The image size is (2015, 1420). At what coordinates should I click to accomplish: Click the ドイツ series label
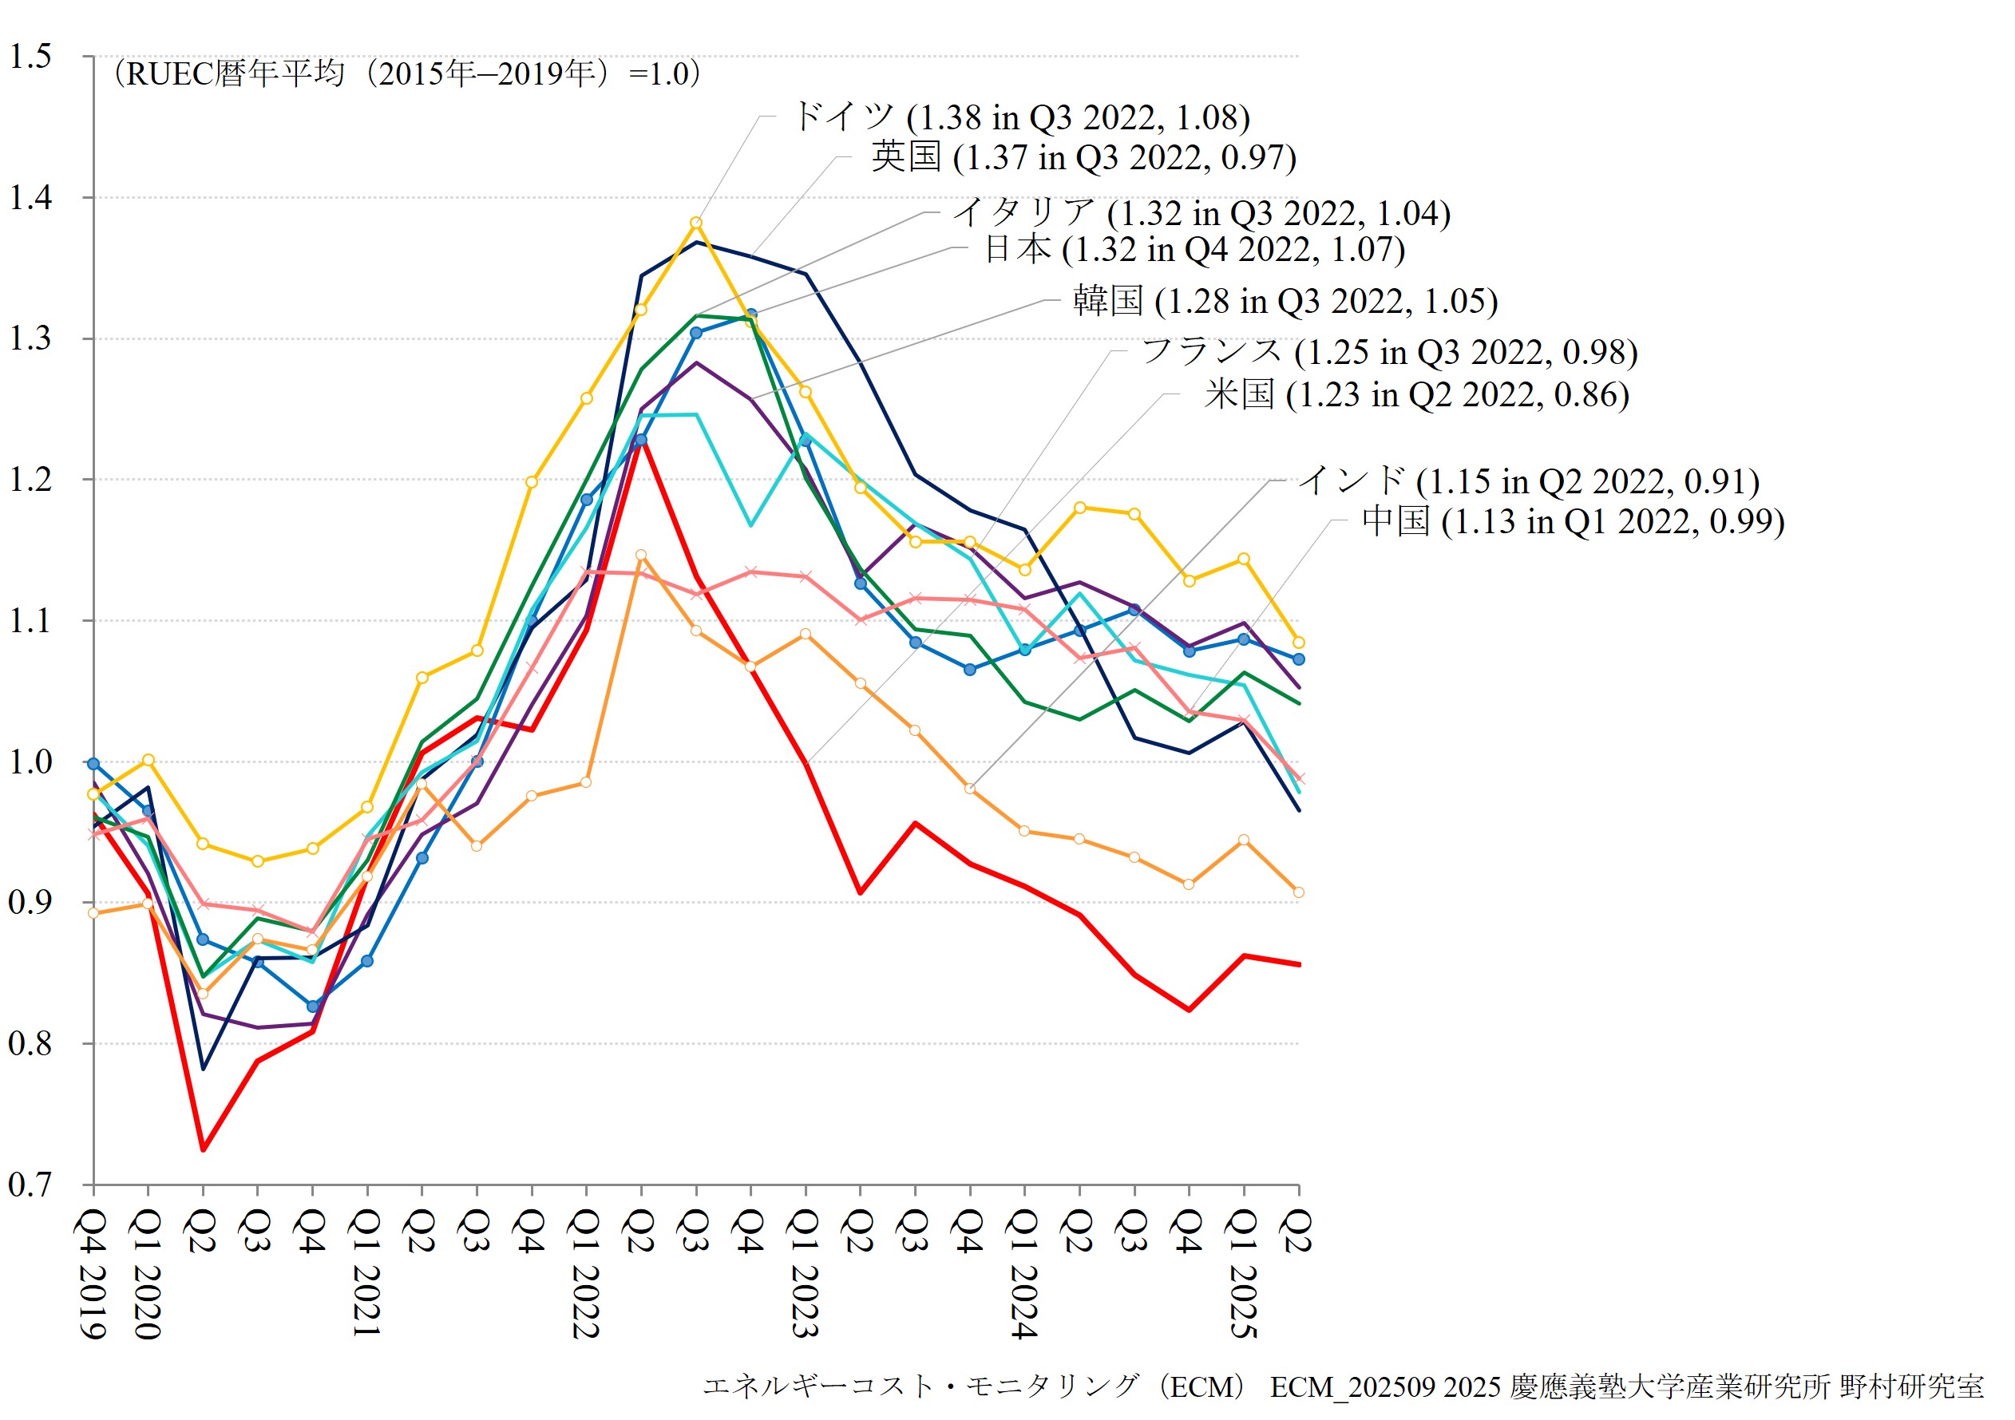click(x=1020, y=117)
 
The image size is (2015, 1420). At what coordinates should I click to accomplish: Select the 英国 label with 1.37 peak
click(x=1084, y=157)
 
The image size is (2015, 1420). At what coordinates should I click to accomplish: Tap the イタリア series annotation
click(x=1201, y=212)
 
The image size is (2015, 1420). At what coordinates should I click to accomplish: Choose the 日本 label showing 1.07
click(x=1194, y=249)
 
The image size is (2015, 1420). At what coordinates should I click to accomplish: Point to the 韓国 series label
click(x=1285, y=301)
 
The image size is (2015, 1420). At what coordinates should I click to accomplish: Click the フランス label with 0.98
click(x=1389, y=352)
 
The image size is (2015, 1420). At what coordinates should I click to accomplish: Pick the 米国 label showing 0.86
click(x=1416, y=395)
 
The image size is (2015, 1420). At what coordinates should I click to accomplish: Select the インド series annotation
click(x=1529, y=481)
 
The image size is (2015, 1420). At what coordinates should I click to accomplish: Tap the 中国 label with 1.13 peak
click(x=1573, y=521)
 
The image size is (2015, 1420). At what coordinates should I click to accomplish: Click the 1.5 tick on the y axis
click(x=30, y=56)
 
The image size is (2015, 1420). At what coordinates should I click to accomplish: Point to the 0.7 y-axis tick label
click(x=30, y=1185)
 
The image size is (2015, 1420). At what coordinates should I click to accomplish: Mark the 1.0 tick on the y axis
click(x=30, y=761)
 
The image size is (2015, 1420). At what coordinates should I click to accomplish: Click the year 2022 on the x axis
click(x=585, y=1302)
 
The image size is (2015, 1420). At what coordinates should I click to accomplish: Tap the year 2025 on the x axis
click(x=1243, y=1302)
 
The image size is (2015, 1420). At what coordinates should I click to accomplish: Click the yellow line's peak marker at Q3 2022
click(x=696, y=223)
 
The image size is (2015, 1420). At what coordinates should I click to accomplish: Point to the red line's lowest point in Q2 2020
click(x=203, y=1149)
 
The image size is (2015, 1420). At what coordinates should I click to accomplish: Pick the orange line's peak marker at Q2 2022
click(x=640, y=556)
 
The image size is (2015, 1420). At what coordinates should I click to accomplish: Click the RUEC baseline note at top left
click(x=407, y=73)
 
